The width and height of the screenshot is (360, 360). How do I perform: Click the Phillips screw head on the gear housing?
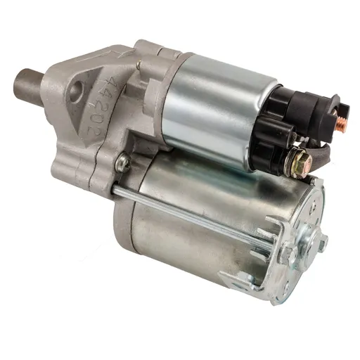click(123, 162)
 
